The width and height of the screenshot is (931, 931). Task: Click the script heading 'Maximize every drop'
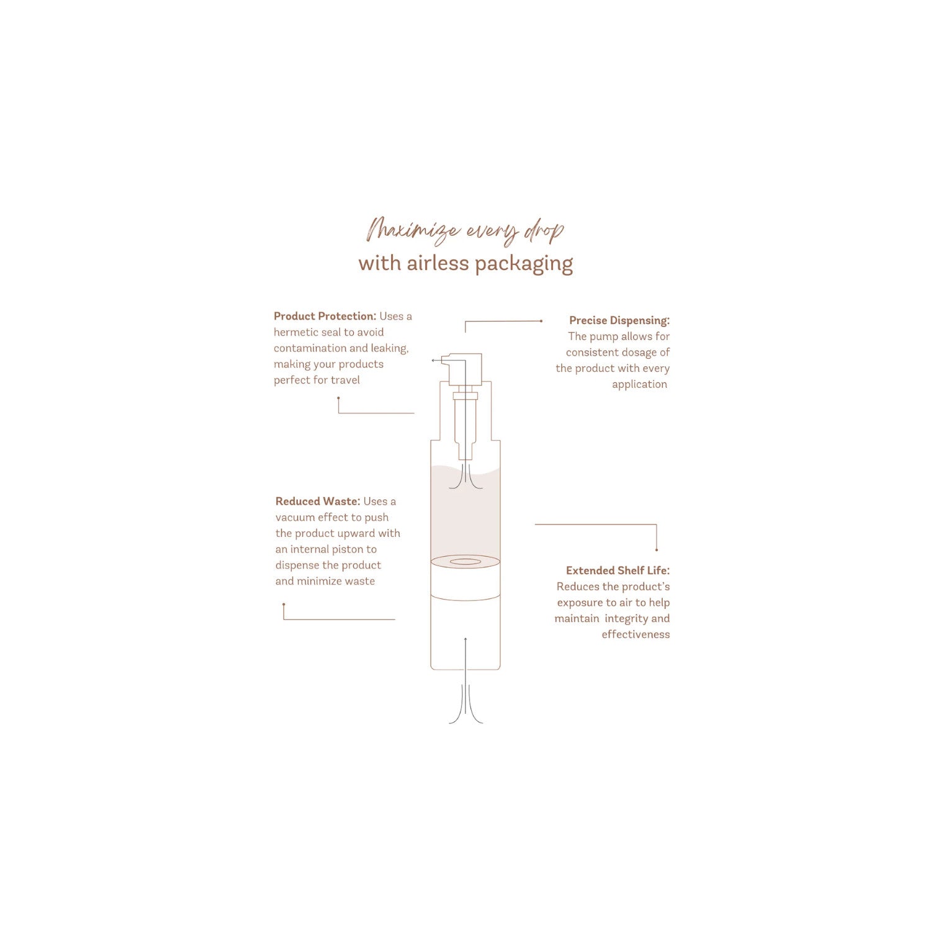tap(465, 231)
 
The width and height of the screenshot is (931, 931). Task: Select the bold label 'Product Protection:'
tap(325, 316)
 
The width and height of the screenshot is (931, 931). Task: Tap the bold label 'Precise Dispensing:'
tap(619, 320)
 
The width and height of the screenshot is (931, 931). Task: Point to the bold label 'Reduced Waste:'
tap(318, 501)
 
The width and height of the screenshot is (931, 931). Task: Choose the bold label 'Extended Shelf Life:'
tap(618, 570)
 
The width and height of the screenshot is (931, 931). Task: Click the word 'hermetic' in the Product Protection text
tap(296, 332)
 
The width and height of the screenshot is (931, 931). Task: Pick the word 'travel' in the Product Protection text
tap(344, 380)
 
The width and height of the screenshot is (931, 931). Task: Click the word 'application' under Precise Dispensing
tap(639, 385)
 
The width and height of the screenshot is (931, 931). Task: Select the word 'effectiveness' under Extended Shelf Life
tap(636, 634)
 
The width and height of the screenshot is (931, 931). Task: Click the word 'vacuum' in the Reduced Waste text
tap(295, 517)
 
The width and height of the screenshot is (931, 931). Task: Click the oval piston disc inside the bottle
tap(465, 562)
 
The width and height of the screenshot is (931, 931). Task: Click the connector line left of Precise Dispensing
tap(503, 322)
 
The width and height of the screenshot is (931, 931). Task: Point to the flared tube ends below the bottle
tap(465, 704)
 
